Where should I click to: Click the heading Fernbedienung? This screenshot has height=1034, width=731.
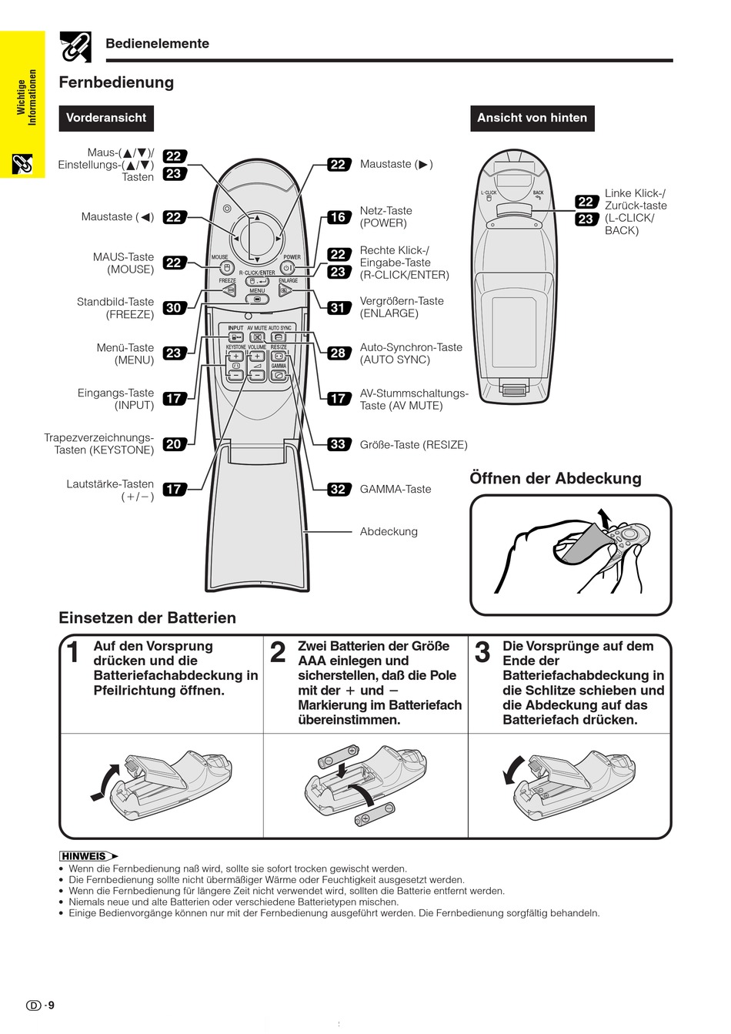tap(116, 82)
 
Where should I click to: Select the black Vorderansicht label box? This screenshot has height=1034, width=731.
tap(105, 118)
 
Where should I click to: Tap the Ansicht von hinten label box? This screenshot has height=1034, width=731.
tap(532, 118)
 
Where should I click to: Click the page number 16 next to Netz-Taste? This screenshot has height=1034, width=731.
tap(338, 217)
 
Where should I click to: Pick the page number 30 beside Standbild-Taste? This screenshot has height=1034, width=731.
tap(174, 308)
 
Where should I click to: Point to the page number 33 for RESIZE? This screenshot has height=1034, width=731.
tap(338, 444)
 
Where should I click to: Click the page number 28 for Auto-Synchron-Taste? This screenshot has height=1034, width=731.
tap(338, 353)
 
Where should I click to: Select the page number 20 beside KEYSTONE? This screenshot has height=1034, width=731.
tap(174, 444)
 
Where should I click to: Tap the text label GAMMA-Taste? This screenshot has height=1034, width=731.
tap(396, 489)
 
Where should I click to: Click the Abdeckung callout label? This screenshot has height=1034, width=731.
tap(389, 531)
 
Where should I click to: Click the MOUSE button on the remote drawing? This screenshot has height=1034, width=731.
tap(226, 267)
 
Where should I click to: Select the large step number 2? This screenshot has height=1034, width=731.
tap(278, 653)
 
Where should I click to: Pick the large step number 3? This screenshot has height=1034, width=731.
tap(482, 653)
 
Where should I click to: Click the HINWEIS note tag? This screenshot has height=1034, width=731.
tap(85, 856)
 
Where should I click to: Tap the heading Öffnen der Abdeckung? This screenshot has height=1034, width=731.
tap(555, 478)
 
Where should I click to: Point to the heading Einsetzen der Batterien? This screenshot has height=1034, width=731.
tap(147, 617)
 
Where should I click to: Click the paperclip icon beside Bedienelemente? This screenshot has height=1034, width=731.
tap(75, 47)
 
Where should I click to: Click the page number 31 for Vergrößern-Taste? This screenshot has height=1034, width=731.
tap(338, 308)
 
